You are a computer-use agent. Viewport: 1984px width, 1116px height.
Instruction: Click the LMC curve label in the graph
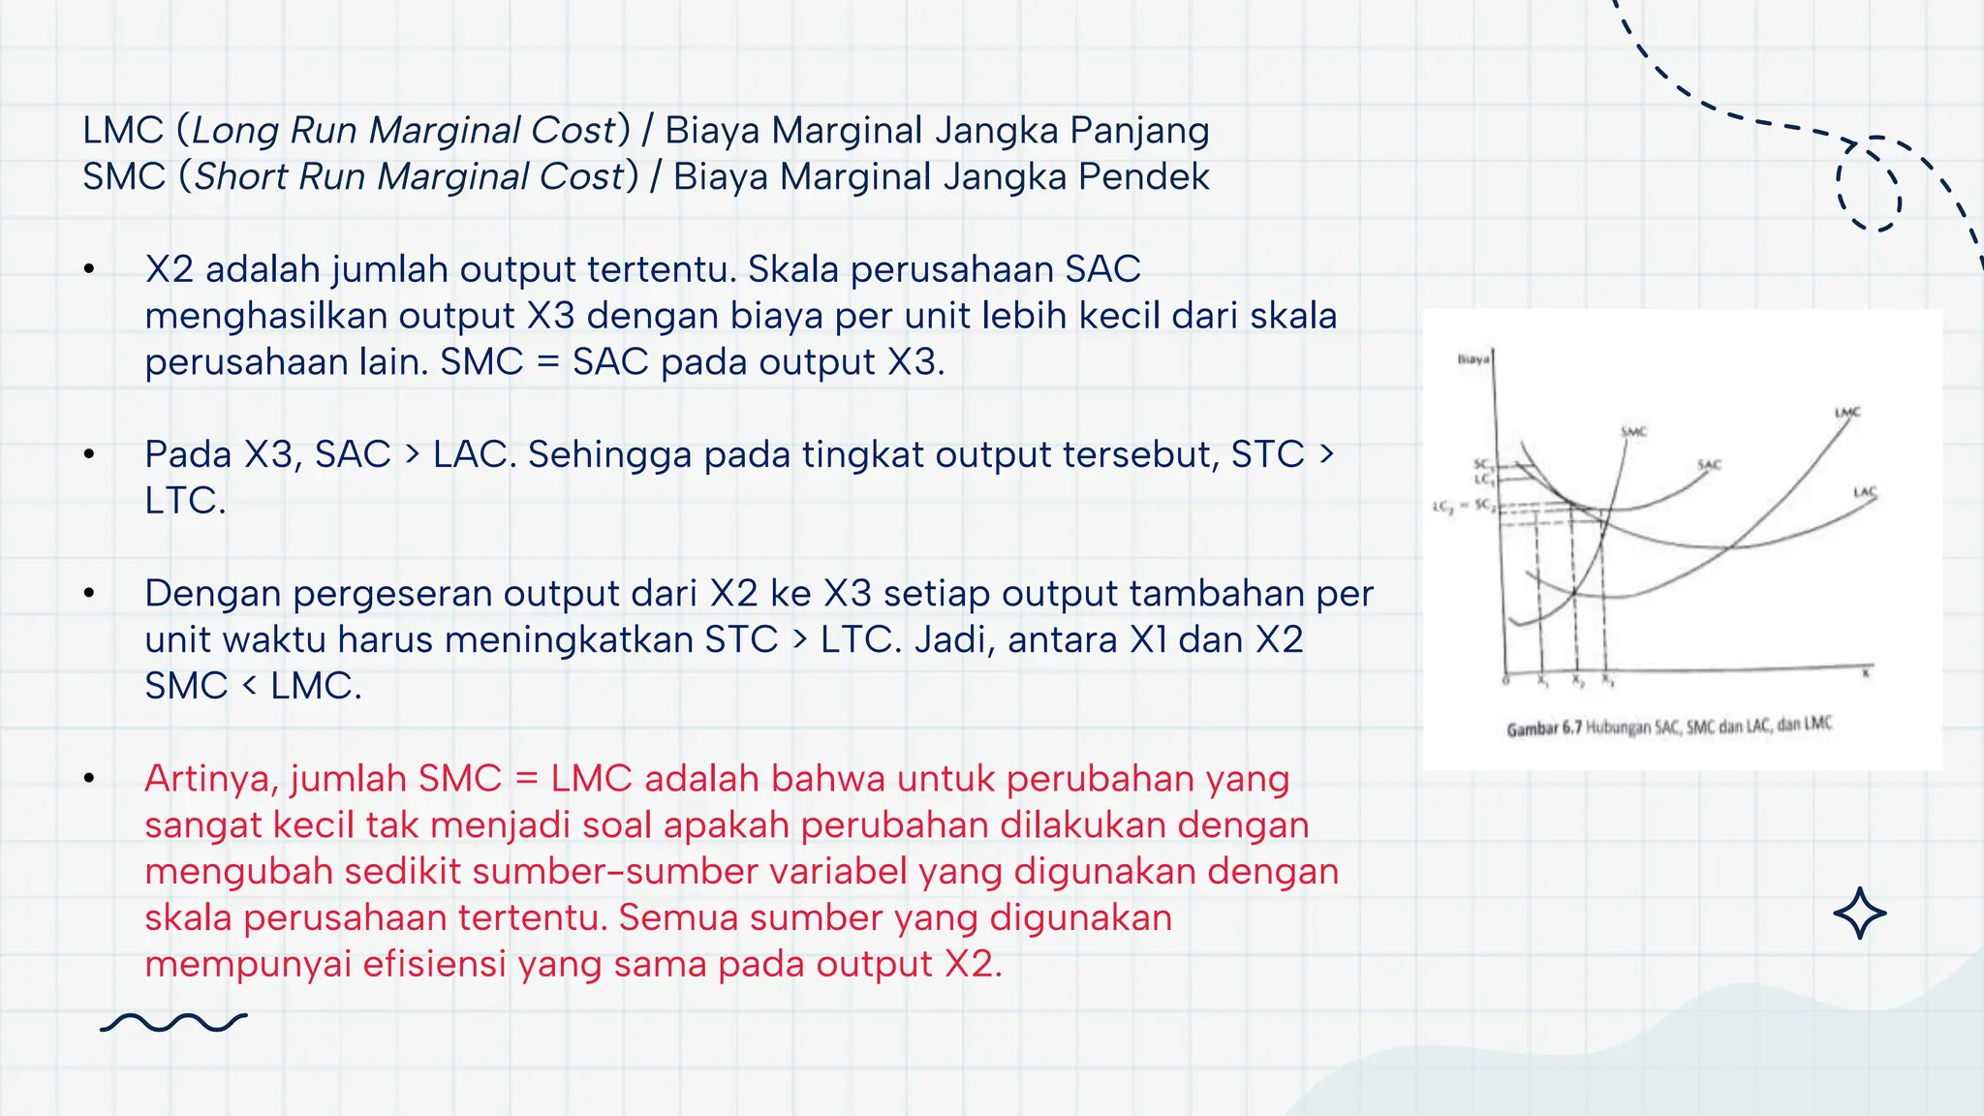[x=1847, y=413]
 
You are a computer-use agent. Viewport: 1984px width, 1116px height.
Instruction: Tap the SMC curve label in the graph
[x=1633, y=431]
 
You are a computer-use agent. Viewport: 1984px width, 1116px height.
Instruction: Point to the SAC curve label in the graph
[x=1709, y=465]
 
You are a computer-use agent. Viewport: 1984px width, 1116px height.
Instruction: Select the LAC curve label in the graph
[x=1865, y=492]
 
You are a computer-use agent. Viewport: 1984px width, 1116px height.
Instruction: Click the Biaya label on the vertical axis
[x=1472, y=359]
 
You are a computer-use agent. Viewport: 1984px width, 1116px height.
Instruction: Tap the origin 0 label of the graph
[x=1505, y=681]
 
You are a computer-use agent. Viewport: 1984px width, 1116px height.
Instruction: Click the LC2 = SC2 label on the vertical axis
[x=1464, y=507]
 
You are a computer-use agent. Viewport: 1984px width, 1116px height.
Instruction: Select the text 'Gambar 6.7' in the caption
[x=1543, y=728]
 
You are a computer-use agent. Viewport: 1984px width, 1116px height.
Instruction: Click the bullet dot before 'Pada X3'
[x=89, y=454]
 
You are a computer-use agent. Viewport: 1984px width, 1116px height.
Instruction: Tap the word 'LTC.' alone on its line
[x=185, y=501]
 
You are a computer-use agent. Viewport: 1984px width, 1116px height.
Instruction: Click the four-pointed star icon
[x=1859, y=914]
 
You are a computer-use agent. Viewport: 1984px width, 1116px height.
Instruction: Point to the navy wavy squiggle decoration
[x=174, y=1023]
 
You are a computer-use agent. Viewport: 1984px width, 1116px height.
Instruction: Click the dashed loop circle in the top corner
[x=1869, y=185]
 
